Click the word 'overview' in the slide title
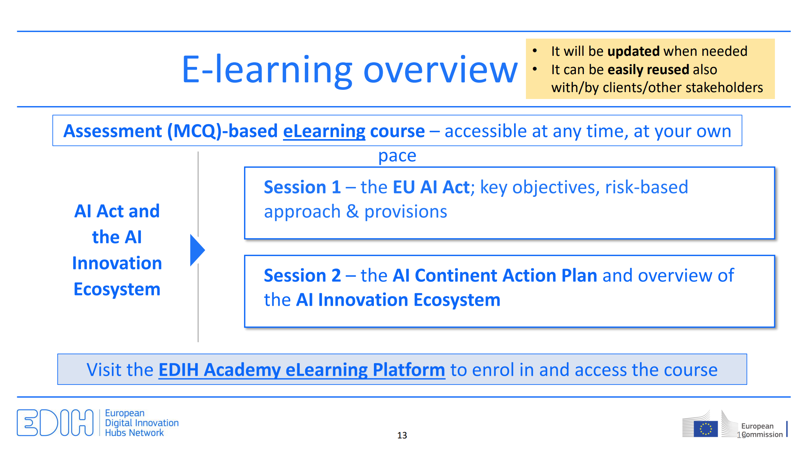[x=440, y=70]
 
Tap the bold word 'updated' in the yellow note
[x=634, y=51]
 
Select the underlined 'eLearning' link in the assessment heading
[x=324, y=131]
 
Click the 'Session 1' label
[x=302, y=187]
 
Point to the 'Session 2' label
[x=302, y=276]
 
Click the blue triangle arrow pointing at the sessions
[x=197, y=250]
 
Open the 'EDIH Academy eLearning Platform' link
[x=302, y=370]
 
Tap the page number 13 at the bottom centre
[x=402, y=435]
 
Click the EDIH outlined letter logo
[x=55, y=423]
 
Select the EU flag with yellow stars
[x=705, y=429]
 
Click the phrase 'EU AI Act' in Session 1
[x=431, y=187]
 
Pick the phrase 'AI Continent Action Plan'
[x=495, y=276]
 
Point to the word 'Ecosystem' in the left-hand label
[x=117, y=289]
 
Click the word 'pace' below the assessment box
[x=397, y=156]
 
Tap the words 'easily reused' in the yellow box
[x=649, y=70]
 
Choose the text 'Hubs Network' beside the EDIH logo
[x=134, y=433]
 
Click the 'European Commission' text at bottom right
[x=762, y=430]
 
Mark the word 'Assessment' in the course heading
[x=113, y=131]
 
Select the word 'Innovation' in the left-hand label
[x=117, y=263]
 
